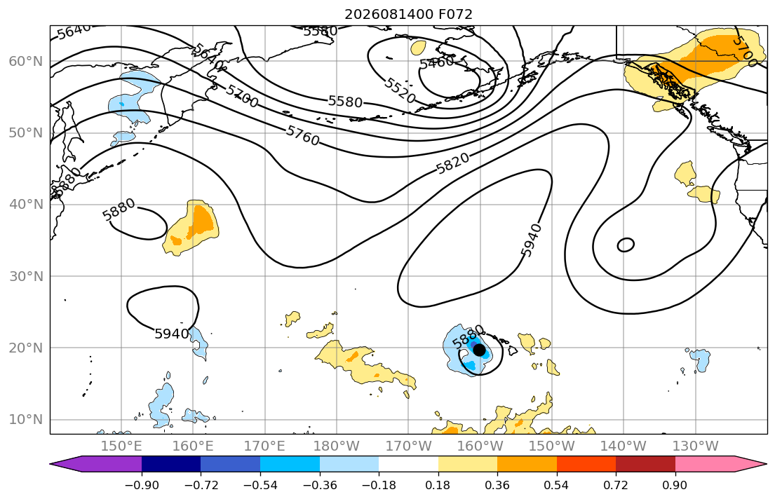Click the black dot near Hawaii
coord(479,350)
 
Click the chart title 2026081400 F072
coord(408,14)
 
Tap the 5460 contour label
coord(436,63)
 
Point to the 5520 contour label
coord(399,90)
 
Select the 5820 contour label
coord(452,163)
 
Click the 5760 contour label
coord(302,136)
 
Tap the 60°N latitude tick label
coord(26,61)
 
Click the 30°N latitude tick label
coord(26,276)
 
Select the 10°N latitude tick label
coord(26,420)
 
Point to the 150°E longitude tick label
coord(121,446)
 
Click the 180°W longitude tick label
coord(337,446)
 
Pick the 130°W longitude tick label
coord(696,446)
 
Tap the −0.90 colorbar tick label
coord(142,485)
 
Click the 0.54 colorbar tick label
coord(557,485)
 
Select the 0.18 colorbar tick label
coord(438,485)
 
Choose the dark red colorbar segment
coord(645,464)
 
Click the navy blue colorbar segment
coord(171,464)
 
